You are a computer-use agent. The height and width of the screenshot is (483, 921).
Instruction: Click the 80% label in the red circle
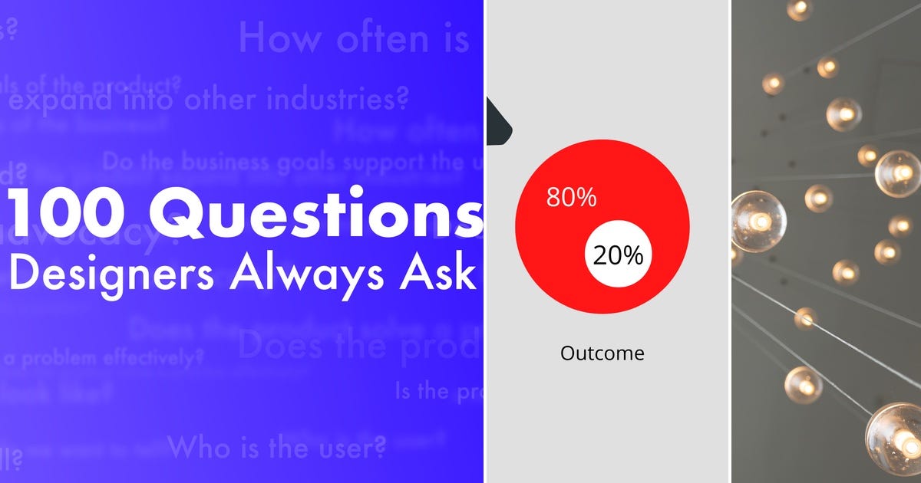[x=571, y=197]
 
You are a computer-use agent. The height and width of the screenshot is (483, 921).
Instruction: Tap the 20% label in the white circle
[x=618, y=255]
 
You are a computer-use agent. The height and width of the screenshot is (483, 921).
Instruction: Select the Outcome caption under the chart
[x=602, y=353]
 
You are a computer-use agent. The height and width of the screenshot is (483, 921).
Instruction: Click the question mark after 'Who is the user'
[x=376, y=445]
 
